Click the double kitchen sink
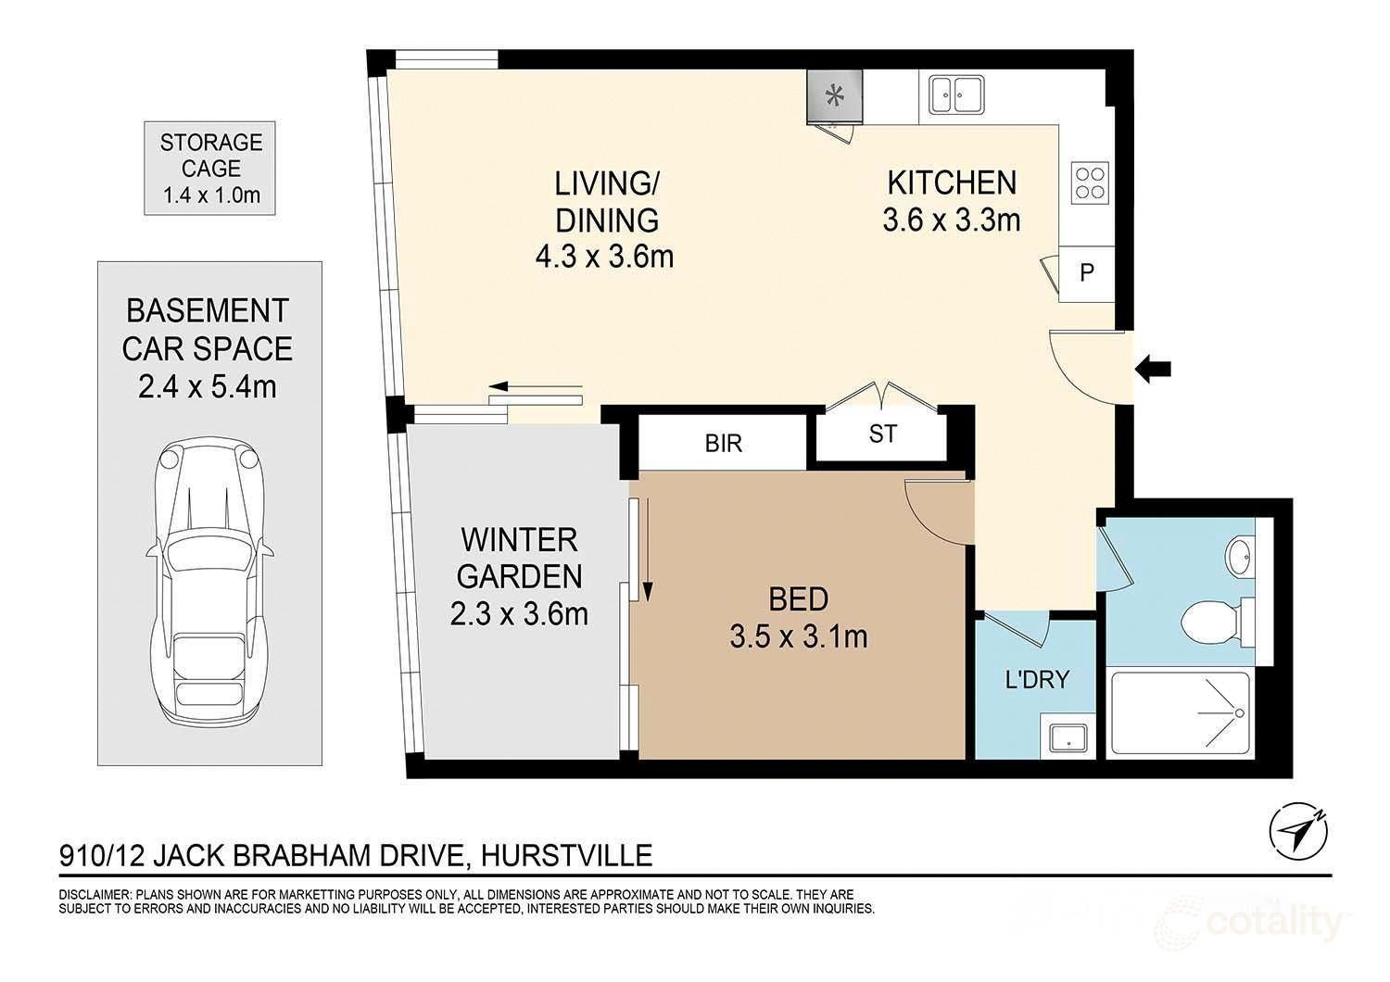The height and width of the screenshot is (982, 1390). point(956,94)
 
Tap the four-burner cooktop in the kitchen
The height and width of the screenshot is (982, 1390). point(1091,183)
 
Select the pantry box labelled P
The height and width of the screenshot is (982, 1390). point(1087,273)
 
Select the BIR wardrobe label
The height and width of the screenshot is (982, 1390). point(724,444)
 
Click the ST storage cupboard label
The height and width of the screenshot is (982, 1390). point(882,434)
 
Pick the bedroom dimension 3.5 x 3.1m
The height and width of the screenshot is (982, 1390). point(799,637)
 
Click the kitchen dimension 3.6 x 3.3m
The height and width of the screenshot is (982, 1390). point(952,220)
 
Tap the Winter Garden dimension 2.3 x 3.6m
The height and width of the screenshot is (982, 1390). point(519,615)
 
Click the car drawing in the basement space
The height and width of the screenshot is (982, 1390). point(209,579)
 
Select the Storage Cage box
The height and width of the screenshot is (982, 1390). point(209,168)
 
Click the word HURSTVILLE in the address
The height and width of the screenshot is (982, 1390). point(566,855)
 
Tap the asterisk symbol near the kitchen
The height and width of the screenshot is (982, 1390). point(835,94)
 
